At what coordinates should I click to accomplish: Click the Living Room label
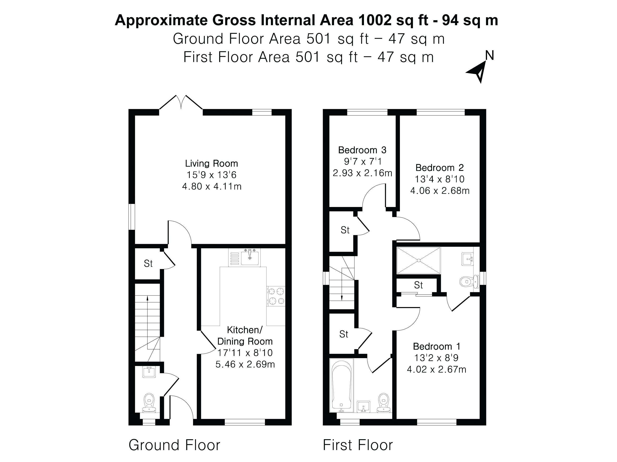tap(211, 164)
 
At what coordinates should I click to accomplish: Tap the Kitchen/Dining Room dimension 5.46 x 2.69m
tap(245, 364)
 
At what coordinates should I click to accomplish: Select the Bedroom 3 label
tap(362, 150)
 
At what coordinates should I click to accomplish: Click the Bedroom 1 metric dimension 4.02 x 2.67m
tap(436, 369)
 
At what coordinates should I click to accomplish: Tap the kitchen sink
tap(250, 258)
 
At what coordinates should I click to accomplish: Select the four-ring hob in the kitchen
tap(276, 296)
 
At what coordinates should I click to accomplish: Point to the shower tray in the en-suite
tap(418, 260)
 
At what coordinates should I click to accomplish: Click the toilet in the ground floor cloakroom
tap(149, 403)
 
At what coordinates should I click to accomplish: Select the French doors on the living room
tap(181, 103)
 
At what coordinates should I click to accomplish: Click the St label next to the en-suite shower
tap(418, 285)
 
